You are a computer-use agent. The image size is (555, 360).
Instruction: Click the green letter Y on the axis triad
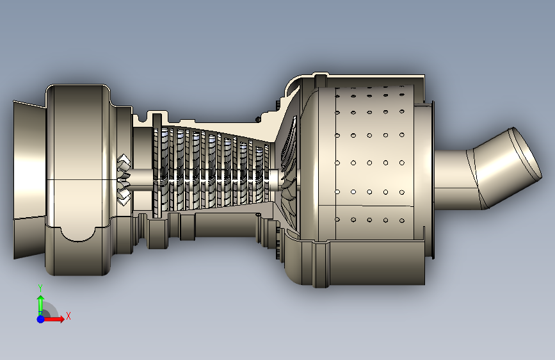(40, 288)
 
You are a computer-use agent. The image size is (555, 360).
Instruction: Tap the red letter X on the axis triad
(68, 316)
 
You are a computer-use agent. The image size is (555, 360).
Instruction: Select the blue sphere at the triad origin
(41, 319)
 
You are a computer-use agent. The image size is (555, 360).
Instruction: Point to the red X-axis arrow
(53, 319)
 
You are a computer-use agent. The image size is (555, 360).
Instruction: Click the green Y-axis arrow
(41, 305)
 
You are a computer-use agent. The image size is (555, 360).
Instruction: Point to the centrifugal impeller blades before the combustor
(289, 170)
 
